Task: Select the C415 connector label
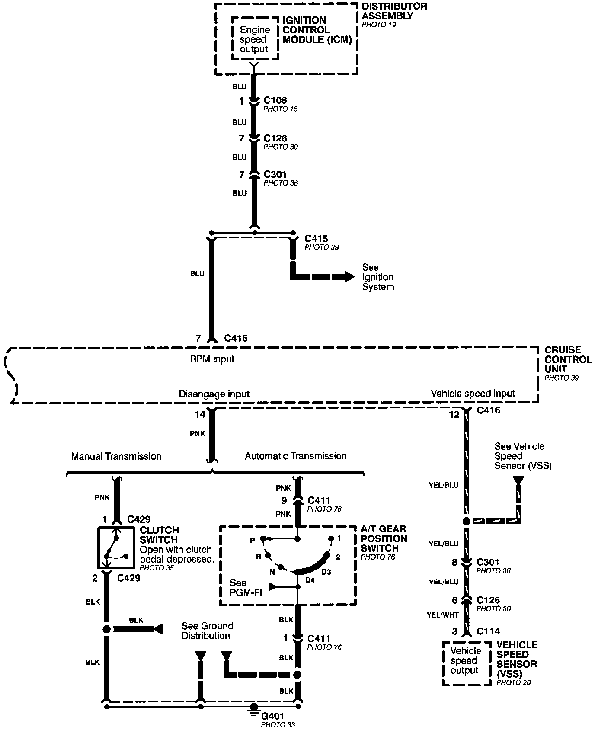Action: (x=316, y=239)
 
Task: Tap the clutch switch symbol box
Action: (x=115, y=547)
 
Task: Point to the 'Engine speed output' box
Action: (x=255, y=39)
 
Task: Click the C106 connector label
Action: (x=275, y=101)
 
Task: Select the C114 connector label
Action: (x=488, y=631)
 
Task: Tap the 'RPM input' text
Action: (x=212, y=359)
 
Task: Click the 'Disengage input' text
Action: (x=214, y=394)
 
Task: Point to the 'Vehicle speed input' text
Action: (x=473, y=393)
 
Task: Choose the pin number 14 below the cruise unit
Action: (x=200, y=414)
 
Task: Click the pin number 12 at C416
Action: (x=454, y=414)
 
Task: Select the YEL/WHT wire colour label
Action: (x=442, y=615)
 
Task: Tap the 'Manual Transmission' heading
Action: (x=116, y=456)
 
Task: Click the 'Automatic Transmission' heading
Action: (x=295, y=456)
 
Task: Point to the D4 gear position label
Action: (x=310, y=580)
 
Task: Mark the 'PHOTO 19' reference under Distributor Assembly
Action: (x=379, y=25)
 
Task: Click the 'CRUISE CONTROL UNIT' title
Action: (x=568, y=359)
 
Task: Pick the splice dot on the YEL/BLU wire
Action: (x=466, y=521)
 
